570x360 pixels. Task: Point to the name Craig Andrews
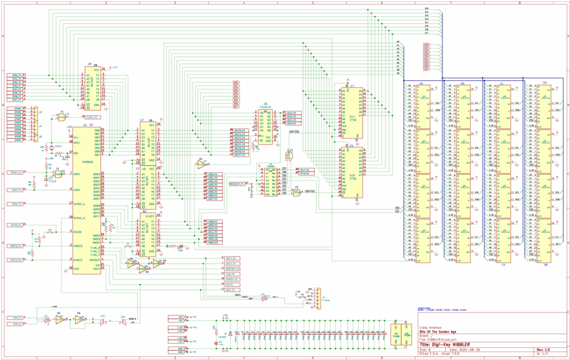coord(431,328)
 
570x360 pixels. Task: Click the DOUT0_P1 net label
coord(240,129)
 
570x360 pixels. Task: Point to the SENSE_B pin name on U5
coord(80,218)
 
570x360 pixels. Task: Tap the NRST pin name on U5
coord(77,174)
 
